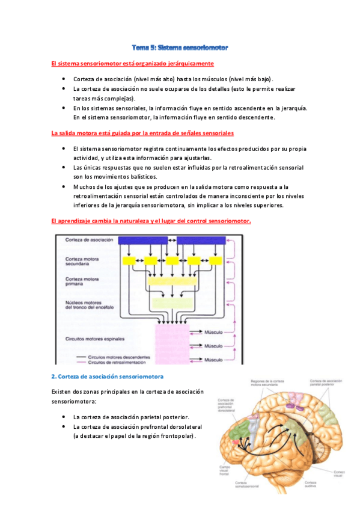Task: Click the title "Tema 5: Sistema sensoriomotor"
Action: click(x=180, y=46)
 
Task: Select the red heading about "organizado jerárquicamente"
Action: click(x=132, y=63)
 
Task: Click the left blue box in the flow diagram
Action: click(x=141, y=241)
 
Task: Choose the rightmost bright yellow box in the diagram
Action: click(x=213, y=261)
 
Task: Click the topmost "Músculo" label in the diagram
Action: click(x=213, y=331)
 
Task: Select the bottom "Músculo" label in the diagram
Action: click(x=213, y=359)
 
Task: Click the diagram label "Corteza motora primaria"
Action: click(x=83, y=281)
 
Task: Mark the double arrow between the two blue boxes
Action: click(x=171, y=241)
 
